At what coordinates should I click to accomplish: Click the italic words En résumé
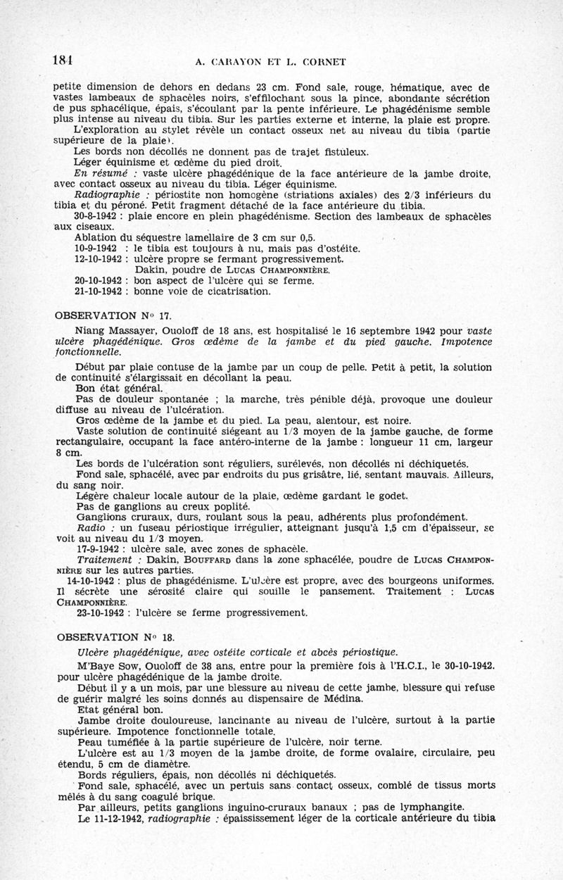coord(99,173)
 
